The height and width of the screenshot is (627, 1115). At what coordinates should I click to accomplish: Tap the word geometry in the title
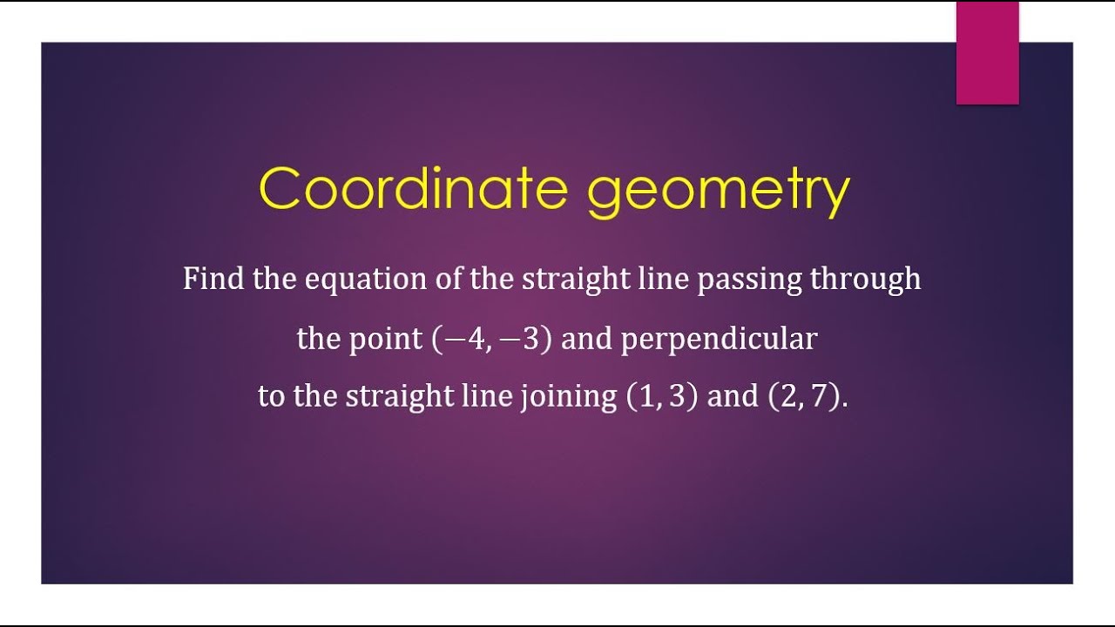(x=718, y=192)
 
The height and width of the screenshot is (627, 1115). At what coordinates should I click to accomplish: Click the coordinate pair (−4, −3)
(x=492, y=339)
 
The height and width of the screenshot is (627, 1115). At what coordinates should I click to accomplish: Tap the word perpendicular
(x=719, y=339)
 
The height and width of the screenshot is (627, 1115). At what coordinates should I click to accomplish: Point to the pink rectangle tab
(x=987, y=52)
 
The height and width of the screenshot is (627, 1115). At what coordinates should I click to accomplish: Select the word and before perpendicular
(x=586, y=339)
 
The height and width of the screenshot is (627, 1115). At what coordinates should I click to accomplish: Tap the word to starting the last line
(x=271, y=397)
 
